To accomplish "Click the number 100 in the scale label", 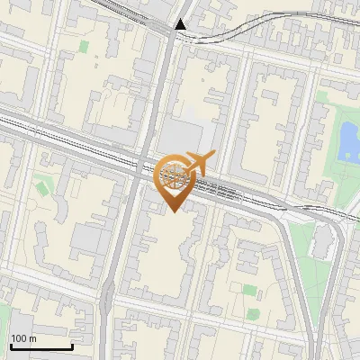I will coord(20,338).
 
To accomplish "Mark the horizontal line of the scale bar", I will coord(40,346).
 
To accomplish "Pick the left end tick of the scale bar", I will coord(10,345).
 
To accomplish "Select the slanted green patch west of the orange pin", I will coord(41,188).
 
